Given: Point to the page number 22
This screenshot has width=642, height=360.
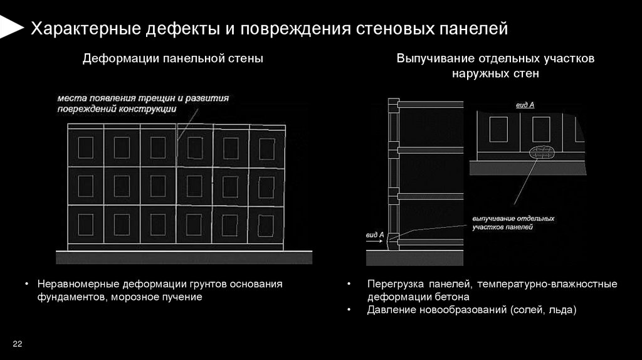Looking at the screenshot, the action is coord(17,344).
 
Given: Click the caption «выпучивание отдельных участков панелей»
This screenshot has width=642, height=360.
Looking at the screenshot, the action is coord(513,223).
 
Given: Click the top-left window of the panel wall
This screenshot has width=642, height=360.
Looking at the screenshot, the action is coord(85,148).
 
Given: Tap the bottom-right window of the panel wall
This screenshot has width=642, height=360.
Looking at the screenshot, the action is coord(266,224).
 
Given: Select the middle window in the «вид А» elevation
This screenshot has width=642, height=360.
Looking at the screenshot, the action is coord(542,129).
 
